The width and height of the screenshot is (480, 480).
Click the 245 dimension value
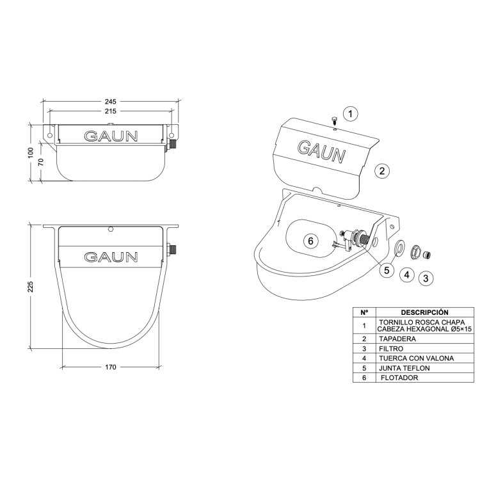click(111, 101)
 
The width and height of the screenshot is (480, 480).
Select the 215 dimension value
click(111, 111)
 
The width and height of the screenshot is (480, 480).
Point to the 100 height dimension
click(31, 153)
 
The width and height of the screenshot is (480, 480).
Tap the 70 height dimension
click(41, 162)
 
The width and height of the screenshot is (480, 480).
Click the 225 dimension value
click(31, 286)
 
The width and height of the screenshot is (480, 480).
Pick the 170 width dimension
click(111, 367)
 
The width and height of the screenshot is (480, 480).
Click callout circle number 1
click(350, 114)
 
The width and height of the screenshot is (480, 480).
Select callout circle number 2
click(381, 171)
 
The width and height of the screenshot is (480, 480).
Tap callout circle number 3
click(426, 278)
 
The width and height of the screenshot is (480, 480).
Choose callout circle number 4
click(407, 275)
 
